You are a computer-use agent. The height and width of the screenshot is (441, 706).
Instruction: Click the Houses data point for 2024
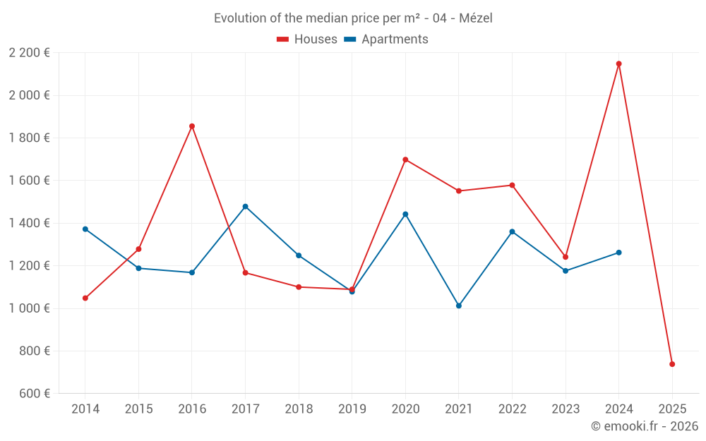click(618, 64)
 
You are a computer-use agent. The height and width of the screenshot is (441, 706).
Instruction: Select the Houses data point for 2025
click(672, 364)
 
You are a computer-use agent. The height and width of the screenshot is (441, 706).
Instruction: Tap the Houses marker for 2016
click(192, 126)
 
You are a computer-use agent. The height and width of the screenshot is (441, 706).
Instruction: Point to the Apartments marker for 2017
click(245, 207)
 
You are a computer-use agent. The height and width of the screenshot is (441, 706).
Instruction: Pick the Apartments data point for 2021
click(459, 306)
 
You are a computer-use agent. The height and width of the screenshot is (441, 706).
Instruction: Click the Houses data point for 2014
click(85, 298)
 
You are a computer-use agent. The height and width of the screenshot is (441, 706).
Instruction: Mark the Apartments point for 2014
click(85, 229)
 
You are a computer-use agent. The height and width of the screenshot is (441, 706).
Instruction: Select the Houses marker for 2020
click(405, 159)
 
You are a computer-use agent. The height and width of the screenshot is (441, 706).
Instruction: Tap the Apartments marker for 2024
click(618, 252)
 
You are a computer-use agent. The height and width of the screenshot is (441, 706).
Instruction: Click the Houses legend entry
click(307, 40)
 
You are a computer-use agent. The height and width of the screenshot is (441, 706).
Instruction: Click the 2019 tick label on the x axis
click(352, 409)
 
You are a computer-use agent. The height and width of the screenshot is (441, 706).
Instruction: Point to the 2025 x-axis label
click(672, 409)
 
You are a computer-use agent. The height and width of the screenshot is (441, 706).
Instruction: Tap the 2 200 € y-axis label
click(30, 52)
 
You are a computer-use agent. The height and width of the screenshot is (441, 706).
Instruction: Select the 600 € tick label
click(34, 393)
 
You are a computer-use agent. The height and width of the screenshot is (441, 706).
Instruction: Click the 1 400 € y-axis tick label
click(30, 223)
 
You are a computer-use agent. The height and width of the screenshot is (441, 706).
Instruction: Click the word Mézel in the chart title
click(476, 18)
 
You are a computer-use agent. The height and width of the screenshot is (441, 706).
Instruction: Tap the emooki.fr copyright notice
click(645, 426)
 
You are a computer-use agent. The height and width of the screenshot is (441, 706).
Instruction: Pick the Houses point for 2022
click(512, 185)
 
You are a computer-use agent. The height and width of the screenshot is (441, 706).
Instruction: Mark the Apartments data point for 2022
click(512, 231)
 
